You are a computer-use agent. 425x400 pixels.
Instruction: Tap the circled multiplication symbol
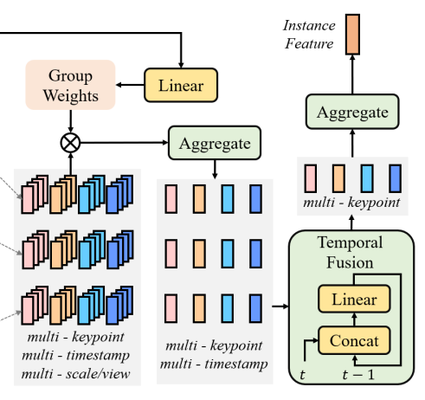(70, 139)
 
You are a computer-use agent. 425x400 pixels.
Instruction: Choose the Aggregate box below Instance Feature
(352, 112)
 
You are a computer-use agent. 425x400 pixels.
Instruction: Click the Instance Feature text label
(308, 35)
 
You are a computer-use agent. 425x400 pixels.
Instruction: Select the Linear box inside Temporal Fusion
(355, 299)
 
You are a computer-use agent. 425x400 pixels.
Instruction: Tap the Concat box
(355, 340)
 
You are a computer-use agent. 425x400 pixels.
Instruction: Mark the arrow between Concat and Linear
(355, 319)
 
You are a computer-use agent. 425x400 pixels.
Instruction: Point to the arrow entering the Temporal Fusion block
(280, 306)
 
